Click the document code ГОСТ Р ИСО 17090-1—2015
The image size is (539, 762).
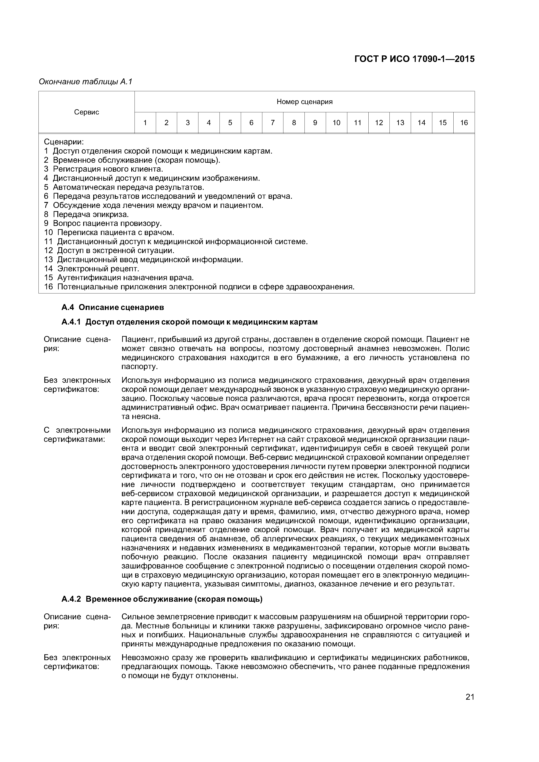pos(414,59)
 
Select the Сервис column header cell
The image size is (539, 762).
pos(87,112)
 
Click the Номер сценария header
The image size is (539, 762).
pos(304,102)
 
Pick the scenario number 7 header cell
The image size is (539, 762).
pos(273,123)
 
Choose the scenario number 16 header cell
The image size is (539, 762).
pos(464,123)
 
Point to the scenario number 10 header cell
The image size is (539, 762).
pos(336,123)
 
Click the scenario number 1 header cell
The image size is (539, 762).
pos(145,123)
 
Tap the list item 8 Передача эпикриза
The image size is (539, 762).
pos(86,214)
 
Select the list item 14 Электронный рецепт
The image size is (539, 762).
pos(92,268)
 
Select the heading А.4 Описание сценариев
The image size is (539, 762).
pos(113,308)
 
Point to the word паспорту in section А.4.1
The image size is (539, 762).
pos(139,367)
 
